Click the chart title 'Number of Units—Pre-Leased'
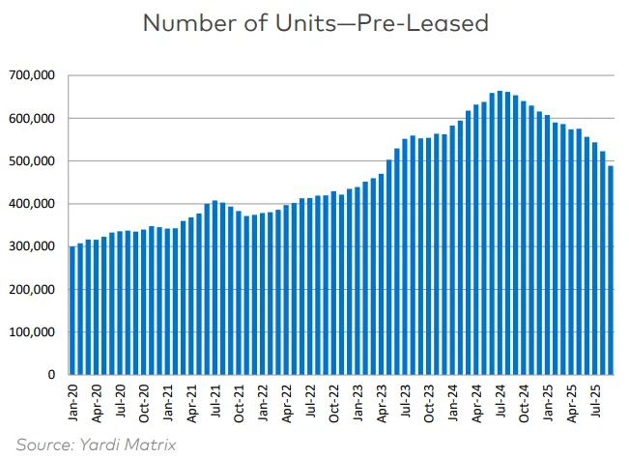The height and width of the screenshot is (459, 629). point(315,23)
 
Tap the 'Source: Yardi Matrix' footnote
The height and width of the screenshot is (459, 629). point(97,445)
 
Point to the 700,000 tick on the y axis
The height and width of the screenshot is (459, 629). point(35,75)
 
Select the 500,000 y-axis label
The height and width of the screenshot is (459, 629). point(35,161)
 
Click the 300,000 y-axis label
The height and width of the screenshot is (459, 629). point(35,246)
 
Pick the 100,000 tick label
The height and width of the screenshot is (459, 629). point(35,332)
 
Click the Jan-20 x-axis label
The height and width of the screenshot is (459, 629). point(73,401)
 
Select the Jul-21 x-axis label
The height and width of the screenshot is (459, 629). point(214,401)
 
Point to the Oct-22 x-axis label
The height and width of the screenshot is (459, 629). point(333,401)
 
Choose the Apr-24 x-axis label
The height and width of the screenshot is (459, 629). point(475,401)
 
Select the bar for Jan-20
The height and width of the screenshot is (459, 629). point(72,310)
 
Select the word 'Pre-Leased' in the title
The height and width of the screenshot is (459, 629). point(426,23)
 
